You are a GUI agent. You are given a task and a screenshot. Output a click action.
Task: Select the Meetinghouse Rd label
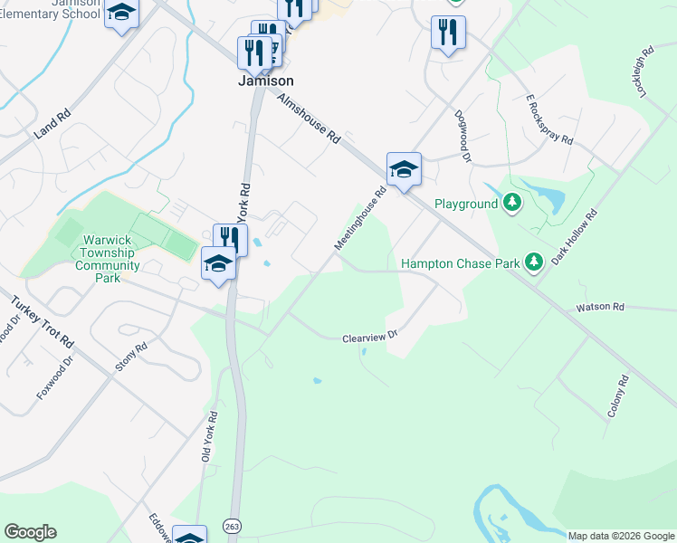click(x=360, y=218)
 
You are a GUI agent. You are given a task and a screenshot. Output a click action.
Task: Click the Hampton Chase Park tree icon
click(x=534, y=262)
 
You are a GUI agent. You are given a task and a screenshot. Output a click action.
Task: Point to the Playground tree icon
click(x=513, y=203)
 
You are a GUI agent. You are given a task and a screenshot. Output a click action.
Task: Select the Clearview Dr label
click(x=370, y=338)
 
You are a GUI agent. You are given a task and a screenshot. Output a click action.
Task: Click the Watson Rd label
click(x=601, y=308)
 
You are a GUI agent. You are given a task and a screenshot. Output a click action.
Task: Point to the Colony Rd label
click(x=618, y=397)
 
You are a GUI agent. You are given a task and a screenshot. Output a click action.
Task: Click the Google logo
click(x=30, y=532)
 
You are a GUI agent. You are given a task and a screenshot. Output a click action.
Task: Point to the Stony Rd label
click(x=130, y=358)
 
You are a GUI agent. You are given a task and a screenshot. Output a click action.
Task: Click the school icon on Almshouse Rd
click(x=404, y=169)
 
